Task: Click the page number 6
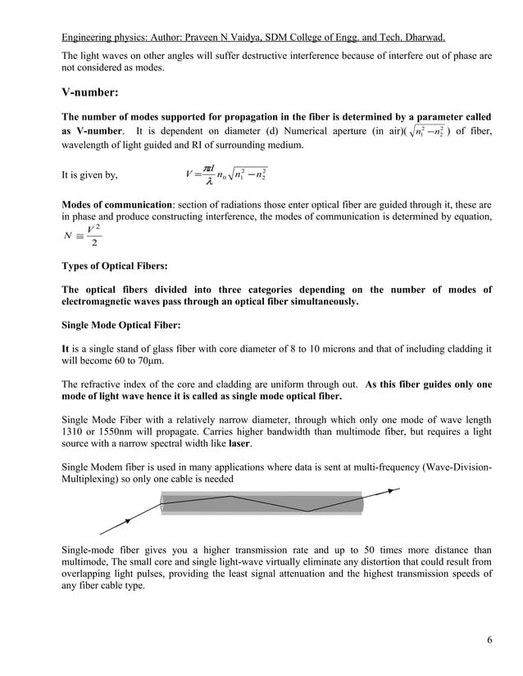click(489, 639)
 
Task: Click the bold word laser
click(239, 443)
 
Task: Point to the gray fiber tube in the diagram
click(261, 502)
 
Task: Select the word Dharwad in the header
click(422, 38)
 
